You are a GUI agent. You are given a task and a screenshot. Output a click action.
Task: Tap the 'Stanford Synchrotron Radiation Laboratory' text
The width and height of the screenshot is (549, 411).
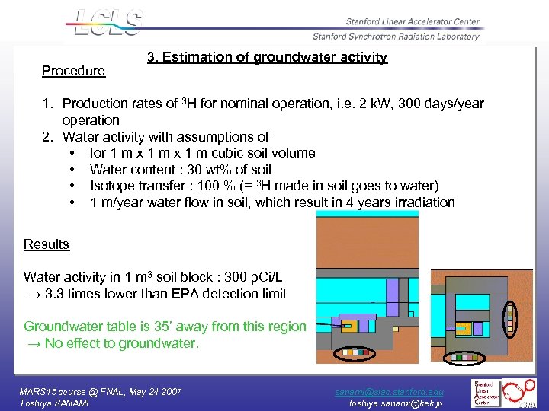coord(396,36)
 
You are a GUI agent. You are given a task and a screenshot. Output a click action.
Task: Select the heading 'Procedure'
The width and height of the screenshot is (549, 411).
coord(73,71)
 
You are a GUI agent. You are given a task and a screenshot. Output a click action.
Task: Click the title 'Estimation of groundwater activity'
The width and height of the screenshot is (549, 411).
coord(275,57)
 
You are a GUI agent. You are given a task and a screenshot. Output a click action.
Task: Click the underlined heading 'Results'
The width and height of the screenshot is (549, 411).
coord(47,244)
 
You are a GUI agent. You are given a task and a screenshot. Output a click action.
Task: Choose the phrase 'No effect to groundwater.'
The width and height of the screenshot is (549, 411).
coord(121,343)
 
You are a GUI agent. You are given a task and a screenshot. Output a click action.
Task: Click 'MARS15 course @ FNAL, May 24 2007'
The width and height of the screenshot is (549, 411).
coord(101,391)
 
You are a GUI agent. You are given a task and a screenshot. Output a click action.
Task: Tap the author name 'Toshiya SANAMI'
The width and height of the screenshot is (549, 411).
coord(54,403)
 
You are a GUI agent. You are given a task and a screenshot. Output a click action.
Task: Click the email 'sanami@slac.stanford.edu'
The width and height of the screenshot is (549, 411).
coord(390,391)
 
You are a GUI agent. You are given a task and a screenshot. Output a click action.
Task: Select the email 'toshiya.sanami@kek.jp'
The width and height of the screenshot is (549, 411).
coord(396,403)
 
